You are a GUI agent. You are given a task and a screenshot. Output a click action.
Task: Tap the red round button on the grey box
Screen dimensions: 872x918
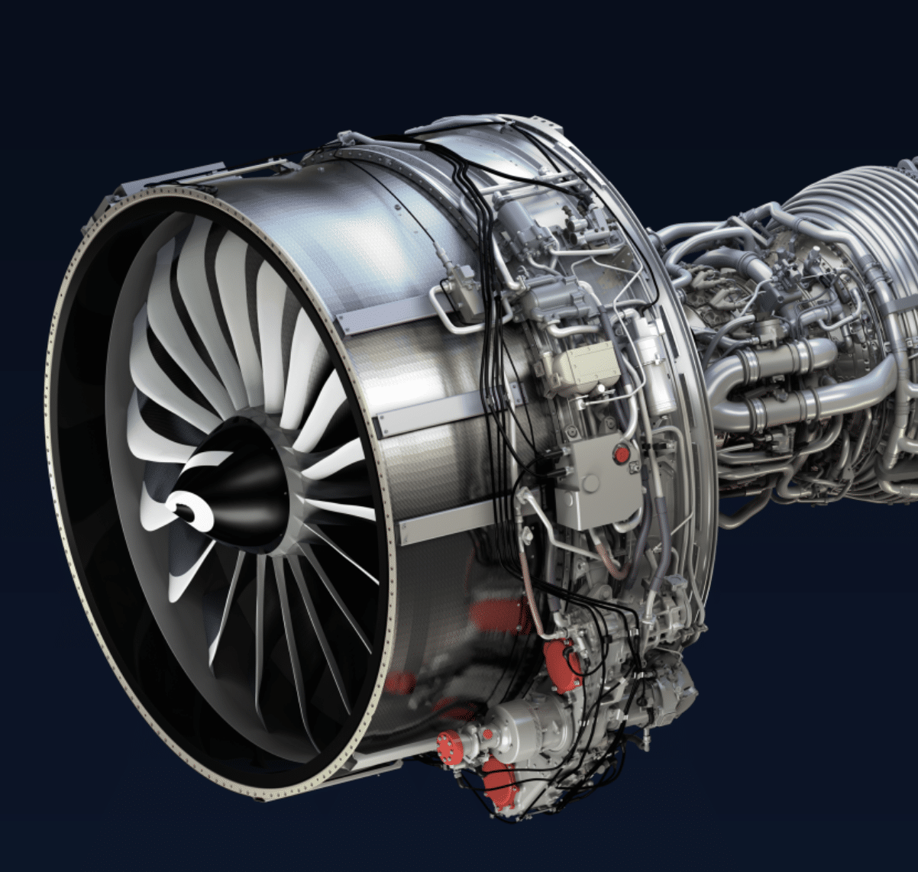click(x=622, y=454)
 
